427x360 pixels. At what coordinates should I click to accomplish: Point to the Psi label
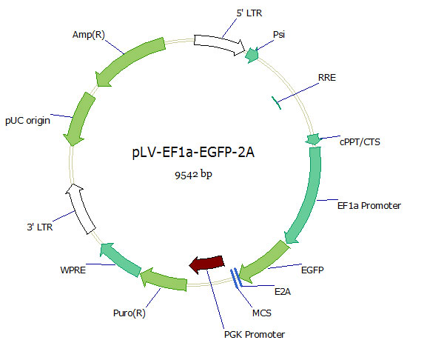tap(280, 35)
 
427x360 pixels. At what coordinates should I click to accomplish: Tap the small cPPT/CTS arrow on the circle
tap(313, 139)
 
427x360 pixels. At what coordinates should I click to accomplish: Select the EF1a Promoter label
tap(369, 205)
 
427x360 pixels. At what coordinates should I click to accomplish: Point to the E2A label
tap(282, 292)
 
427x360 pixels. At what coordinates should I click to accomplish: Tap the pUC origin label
tap(27, 120)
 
